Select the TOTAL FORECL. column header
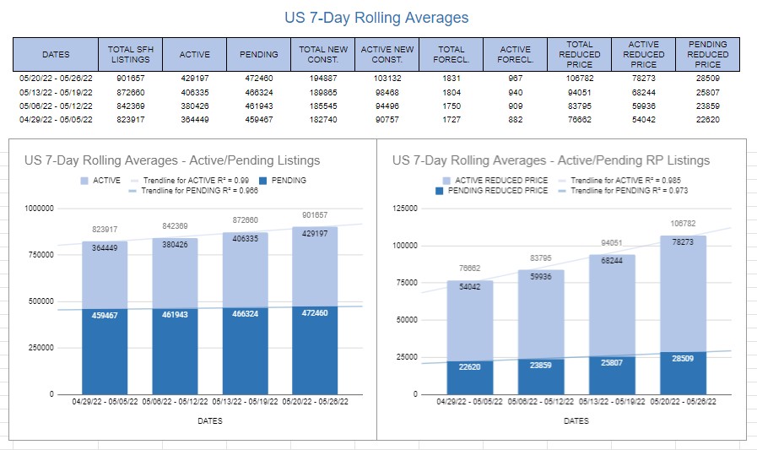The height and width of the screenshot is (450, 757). click(x=451, y=54)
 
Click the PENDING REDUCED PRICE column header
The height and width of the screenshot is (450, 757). click(x=708, y=54)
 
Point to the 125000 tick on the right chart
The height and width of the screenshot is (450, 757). click(x=405, y=209)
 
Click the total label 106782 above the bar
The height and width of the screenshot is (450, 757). click(x=684, y=224)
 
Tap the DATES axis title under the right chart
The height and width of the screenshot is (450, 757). click(x=576, y=420)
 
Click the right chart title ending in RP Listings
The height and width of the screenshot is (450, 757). click(x=551, y=160)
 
